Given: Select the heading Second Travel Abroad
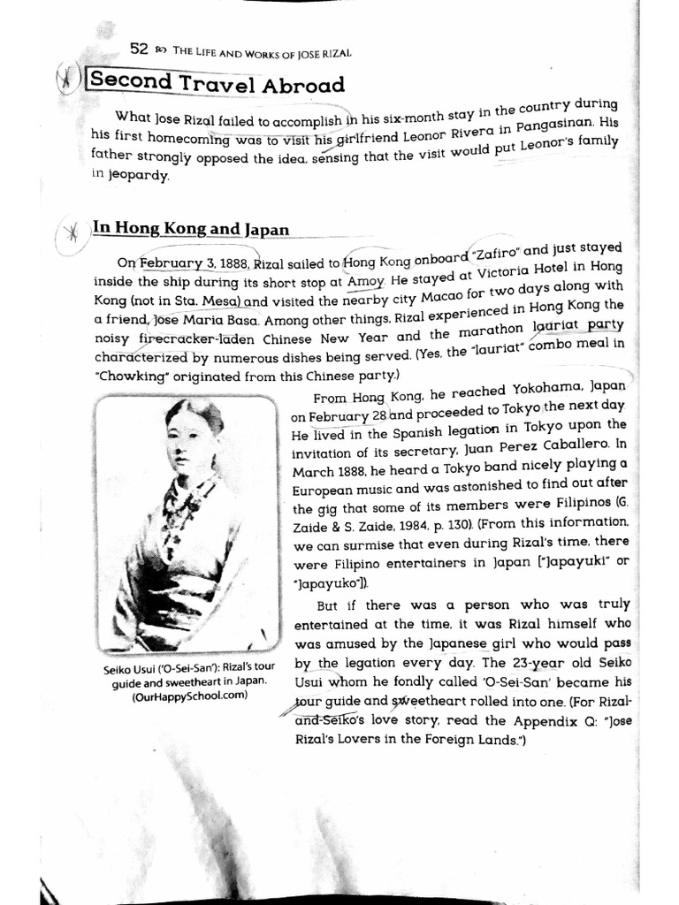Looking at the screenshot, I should click(x=217, y=85).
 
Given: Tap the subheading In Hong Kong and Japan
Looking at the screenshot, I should click(x=191, y=229).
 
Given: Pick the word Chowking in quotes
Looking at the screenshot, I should click(x=127, y=376).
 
